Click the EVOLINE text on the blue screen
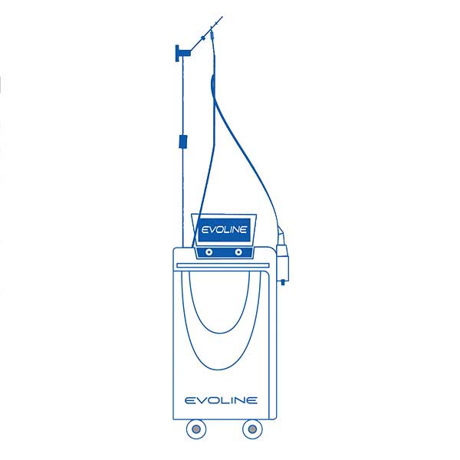pos(224,229)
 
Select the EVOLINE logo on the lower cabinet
pos(222,400)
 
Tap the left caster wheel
pos(196,429)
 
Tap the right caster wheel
pos(252,429)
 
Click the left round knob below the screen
pos(209,252)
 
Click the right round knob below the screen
pos(238,252)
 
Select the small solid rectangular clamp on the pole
pos(183,141)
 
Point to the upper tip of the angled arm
pos(222,17)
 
